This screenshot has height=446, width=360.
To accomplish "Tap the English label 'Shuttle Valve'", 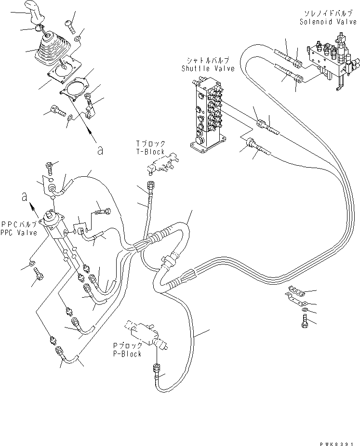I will [208, 68].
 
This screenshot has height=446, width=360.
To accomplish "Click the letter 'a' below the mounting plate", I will [100, 150].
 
